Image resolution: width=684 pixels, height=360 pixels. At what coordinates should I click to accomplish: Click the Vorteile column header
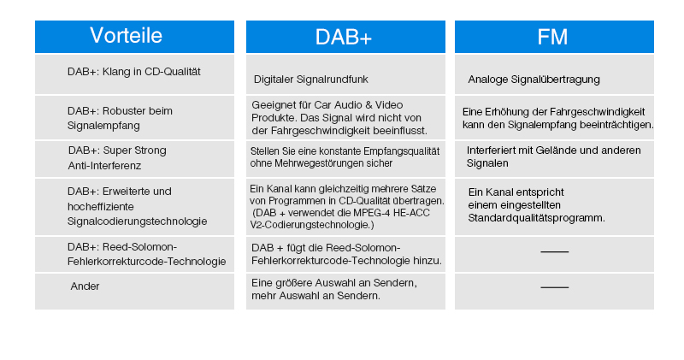pos(126,35)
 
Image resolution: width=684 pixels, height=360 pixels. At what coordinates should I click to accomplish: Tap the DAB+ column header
pos(344,37)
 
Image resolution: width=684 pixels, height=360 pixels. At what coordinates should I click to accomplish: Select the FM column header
pos(552,37)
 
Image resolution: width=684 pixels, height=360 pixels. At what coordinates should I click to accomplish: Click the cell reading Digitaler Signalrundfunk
pos(310,80)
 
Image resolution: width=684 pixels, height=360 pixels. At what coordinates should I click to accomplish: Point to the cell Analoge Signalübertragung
pos(534,80)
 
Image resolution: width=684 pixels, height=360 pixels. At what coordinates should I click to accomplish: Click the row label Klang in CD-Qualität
pos(134,72)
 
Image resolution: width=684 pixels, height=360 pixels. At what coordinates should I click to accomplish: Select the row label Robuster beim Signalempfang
pos(120,118)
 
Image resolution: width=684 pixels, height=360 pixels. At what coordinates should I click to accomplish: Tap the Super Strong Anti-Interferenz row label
pos(117,158)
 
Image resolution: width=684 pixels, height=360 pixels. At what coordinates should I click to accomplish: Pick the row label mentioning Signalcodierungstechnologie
pos(138,206)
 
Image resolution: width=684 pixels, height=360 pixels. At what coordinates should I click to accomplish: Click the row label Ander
pos(85,286)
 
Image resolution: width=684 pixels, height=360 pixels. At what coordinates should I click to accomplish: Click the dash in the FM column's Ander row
pos(554,287)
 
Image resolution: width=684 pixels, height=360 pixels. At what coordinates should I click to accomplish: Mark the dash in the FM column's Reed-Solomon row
pos(554,251)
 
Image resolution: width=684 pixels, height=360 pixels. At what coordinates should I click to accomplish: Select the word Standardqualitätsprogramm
pos(537,218)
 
